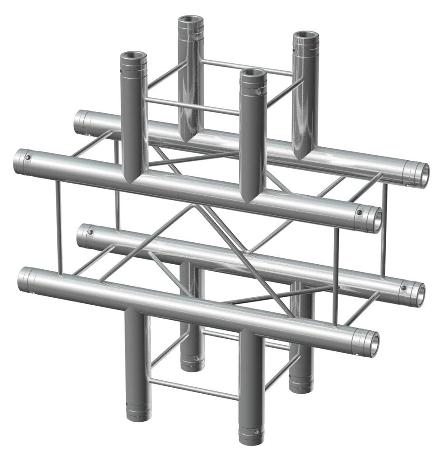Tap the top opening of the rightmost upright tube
(305, 37)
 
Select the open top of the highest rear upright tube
(191, 21)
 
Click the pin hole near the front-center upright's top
(258, 93)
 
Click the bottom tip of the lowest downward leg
(250, 436)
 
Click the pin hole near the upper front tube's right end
(360, 212)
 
